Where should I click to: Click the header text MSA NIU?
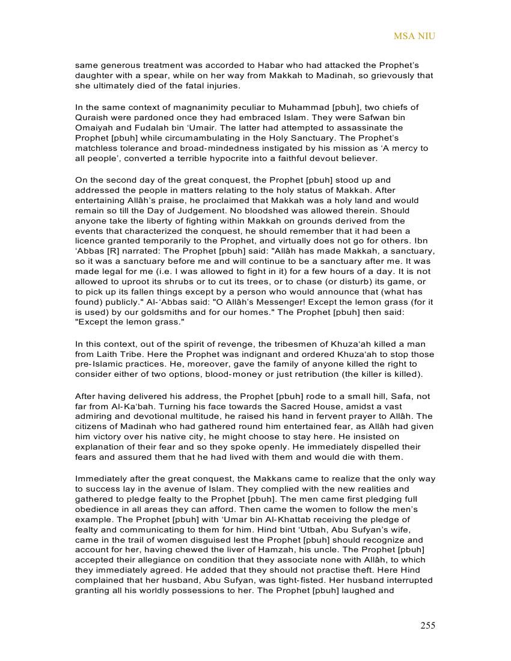414,36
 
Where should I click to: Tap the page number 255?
427,626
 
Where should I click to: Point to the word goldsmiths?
179,312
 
